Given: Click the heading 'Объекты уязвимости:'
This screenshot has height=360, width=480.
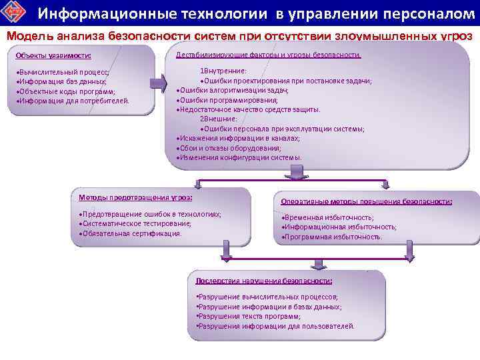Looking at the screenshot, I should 53,55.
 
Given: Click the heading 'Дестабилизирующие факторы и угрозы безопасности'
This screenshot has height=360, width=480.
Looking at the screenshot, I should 268,55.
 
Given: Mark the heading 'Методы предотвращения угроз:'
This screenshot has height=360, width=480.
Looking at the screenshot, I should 135,197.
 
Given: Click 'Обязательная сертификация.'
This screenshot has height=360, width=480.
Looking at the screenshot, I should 131,234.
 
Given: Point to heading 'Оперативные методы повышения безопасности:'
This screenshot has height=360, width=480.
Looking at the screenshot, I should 367,201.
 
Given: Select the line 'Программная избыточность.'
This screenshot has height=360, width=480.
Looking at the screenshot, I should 332,237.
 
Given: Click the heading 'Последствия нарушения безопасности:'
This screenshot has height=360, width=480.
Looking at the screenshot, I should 264,280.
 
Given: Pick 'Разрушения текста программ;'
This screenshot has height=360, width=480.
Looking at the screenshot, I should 248,317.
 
